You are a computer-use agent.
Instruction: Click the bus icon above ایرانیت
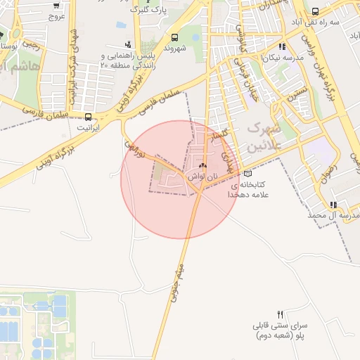(88, 117)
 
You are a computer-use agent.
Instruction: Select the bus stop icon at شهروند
(174, 37)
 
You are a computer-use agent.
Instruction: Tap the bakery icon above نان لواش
(204, 167)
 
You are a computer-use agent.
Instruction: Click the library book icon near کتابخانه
(246, 173)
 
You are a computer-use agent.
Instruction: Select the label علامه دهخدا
(255, 195)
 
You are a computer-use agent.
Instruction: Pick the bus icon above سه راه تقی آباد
(314, 11)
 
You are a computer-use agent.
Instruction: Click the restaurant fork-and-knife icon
(281, 314)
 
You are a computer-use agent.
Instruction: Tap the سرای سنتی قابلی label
(280, 327)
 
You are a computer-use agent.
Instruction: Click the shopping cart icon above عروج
(56, 4)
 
